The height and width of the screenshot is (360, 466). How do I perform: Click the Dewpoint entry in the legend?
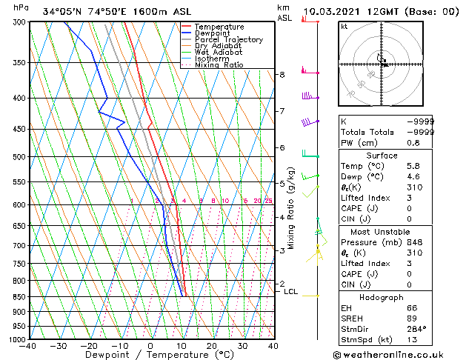[212, 33]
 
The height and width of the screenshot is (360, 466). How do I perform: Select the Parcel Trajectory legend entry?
[228, 40]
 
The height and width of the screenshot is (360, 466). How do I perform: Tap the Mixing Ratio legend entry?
[219, 65]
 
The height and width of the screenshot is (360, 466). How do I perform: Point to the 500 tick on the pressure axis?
[17, 157]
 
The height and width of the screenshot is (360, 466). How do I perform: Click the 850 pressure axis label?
[17, 297]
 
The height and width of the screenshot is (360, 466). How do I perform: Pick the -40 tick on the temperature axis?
[28, 346]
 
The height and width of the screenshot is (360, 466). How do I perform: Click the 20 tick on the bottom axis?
[212, 346]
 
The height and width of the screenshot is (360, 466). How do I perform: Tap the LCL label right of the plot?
[291, 292]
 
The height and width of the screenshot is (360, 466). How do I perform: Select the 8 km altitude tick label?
[282, 75]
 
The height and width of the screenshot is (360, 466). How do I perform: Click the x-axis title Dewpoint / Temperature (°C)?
[150, 356]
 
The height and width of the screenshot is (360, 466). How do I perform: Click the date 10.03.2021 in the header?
[332, 12]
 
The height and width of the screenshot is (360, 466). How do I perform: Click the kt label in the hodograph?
[344, 27]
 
